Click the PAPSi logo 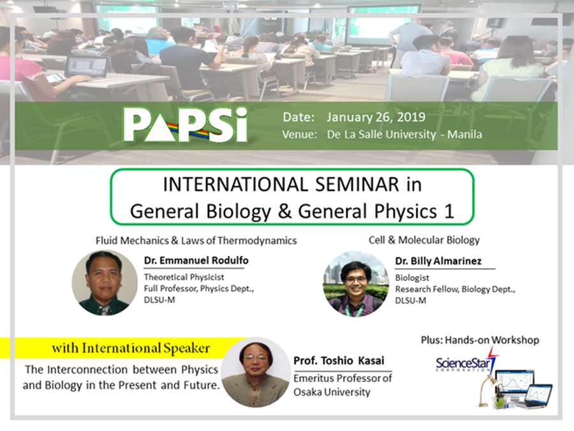click(185, 125)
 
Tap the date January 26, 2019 click(376, 117)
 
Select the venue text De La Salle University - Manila click(404, 135)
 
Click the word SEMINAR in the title click(357, 185)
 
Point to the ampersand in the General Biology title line click(284, 211)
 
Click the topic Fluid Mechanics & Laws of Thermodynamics click(196, 241)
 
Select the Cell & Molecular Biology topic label click(424, 240)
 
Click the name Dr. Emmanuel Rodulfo click(196, 261)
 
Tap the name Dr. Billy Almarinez click(438, 261)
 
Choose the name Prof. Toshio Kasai click(339, 361)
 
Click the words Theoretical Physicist click(184, 277)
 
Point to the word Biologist click(412, 278)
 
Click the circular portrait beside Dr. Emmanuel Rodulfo click(105, 283)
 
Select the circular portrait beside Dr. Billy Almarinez click(356, 284)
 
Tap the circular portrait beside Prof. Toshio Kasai click(256, 372)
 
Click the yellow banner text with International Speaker click(131, 348)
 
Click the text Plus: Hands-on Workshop click(480, 340)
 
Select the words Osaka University click(332, 392)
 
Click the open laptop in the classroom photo click(86, 68)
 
